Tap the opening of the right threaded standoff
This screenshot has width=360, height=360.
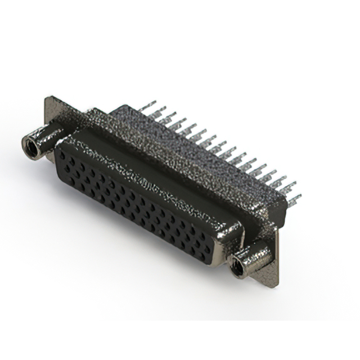click(x=238, y=267)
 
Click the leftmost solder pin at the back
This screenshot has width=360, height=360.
click(x=147, y=107)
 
